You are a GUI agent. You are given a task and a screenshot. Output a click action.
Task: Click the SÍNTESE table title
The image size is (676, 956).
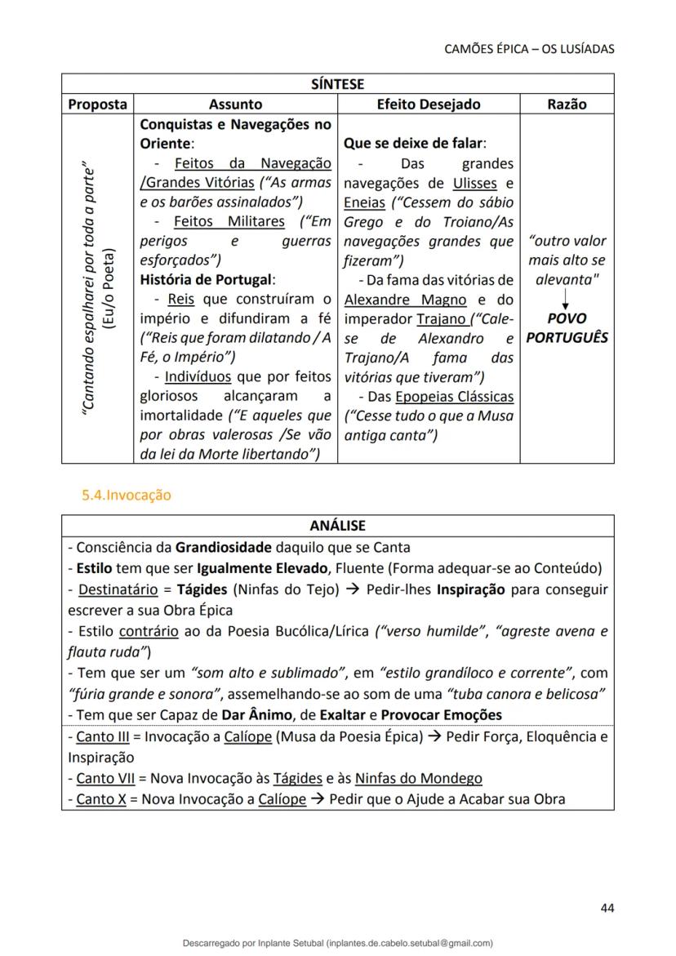click(x=337, y=84)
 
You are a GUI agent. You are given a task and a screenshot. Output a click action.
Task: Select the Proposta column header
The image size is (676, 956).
click(x=97, y=104)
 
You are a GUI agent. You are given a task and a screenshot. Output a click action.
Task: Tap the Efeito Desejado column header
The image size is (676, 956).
click(x=428, y=104)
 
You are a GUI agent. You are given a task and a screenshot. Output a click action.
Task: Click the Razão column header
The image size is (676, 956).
click(x=567, y=104)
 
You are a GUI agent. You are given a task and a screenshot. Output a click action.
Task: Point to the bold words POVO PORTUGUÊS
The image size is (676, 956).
click(x=567, y=327)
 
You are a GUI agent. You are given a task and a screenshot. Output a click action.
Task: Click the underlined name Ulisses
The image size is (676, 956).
click(x=474, y=183)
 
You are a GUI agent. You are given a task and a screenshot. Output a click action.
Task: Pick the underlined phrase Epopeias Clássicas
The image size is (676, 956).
click(x=454, y=397)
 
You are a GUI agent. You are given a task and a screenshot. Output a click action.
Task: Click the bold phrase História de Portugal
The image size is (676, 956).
click(x=207, y=279)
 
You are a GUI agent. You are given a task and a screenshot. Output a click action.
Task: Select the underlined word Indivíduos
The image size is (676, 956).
click(x=198, y=377)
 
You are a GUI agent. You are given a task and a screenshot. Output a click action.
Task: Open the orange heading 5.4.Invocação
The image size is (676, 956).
click(x=126, y=495)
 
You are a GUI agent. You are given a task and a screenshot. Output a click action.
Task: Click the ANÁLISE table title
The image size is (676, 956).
click(x=337, y=526)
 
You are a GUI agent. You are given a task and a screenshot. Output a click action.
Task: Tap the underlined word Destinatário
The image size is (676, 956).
click(x=115, y=589)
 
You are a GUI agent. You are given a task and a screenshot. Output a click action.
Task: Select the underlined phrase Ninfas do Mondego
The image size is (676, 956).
click(x=418, y=778)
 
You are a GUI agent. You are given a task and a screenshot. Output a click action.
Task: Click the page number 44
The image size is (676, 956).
click(x=607, y=907)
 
